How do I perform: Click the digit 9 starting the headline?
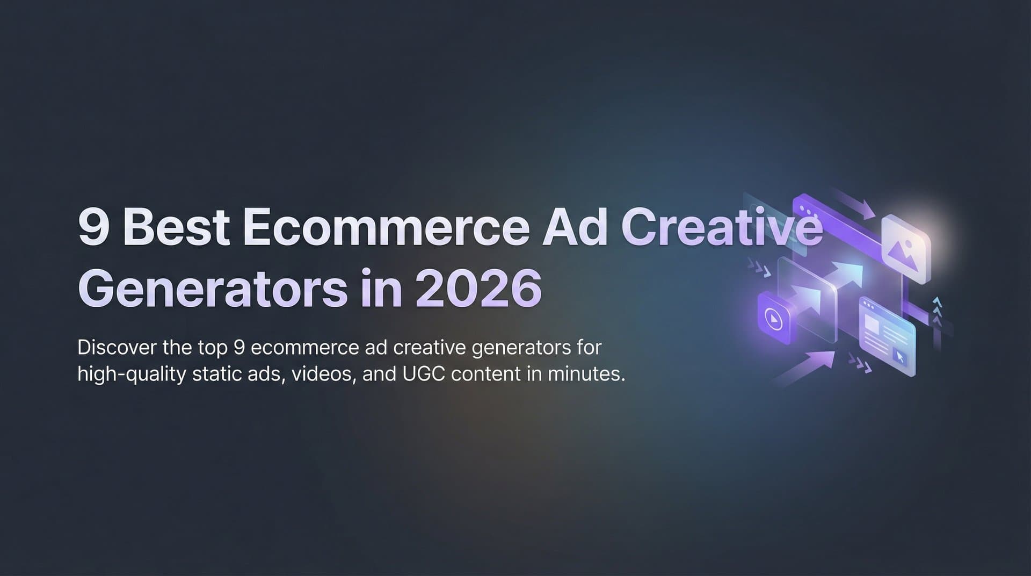[95, 228]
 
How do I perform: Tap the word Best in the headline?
[177, 228]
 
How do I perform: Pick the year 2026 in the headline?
[478, 290]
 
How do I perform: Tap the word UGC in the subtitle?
[423, 374]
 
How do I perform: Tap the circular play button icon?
[773, 319]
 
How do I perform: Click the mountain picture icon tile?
[905, 249]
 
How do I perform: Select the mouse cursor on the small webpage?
[899, 357]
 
